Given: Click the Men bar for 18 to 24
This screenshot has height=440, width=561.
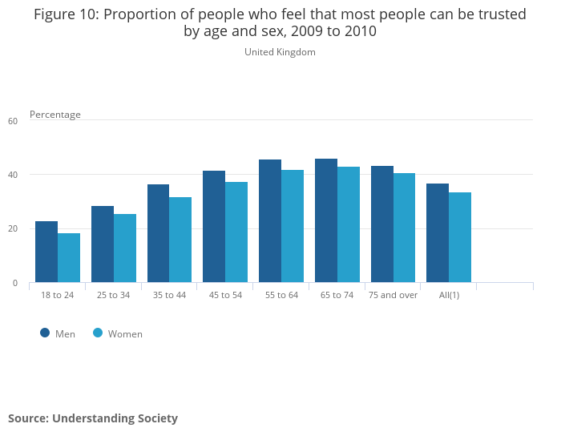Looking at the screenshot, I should [x=46, y=252].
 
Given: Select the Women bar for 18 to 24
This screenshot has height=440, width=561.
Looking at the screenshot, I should [x=69, y=258].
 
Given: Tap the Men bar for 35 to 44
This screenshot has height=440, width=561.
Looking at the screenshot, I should [x=158, y=233].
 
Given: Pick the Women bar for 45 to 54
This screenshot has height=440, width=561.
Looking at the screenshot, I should [x=236, y=232].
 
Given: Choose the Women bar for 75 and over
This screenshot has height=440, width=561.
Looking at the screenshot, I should [x=404, y=228].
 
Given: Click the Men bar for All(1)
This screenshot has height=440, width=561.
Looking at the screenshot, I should [x=438, y=233].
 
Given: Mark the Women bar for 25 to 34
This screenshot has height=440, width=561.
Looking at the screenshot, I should [x=125, y=248].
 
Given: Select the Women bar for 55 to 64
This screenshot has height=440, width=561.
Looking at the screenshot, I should [x=293, y=226].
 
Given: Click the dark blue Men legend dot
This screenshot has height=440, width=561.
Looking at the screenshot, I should [x=45, y=333].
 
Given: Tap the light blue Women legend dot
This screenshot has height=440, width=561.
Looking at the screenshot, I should [x=98, y=333].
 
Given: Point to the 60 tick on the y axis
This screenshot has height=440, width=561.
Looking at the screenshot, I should [x=13, y=121].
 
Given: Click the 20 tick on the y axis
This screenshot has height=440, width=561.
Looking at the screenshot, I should [x=13, y=229].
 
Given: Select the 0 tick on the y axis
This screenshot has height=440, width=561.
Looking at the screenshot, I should [x=14, y=283].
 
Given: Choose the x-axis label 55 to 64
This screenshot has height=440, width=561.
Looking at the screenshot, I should [x=280, y=295].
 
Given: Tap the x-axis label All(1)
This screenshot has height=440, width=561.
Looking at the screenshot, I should [x=448, y=295].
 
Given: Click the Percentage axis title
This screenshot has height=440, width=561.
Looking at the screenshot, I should [x=55, y=115].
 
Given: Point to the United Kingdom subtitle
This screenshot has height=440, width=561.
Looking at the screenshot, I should [x=280, y=52].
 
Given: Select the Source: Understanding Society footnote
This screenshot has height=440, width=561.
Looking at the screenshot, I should [x=93, y=418].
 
